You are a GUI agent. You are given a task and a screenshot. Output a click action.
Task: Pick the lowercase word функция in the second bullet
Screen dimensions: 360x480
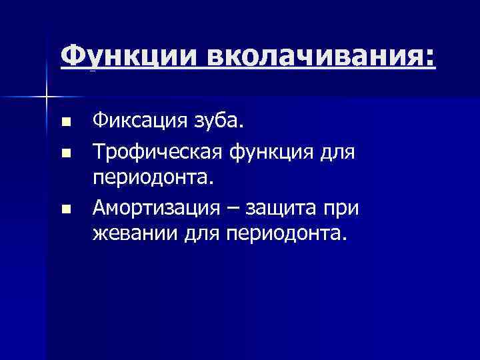pyautogui.click(x=276, y=153)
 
